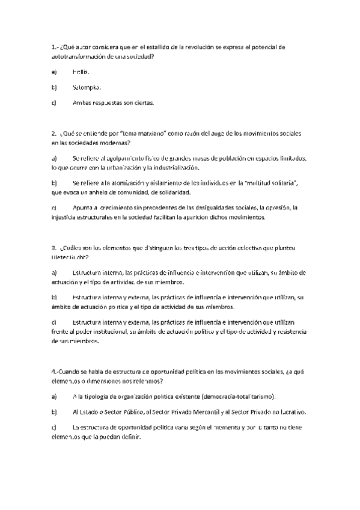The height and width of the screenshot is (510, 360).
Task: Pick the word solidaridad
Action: [x=171, y=192]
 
